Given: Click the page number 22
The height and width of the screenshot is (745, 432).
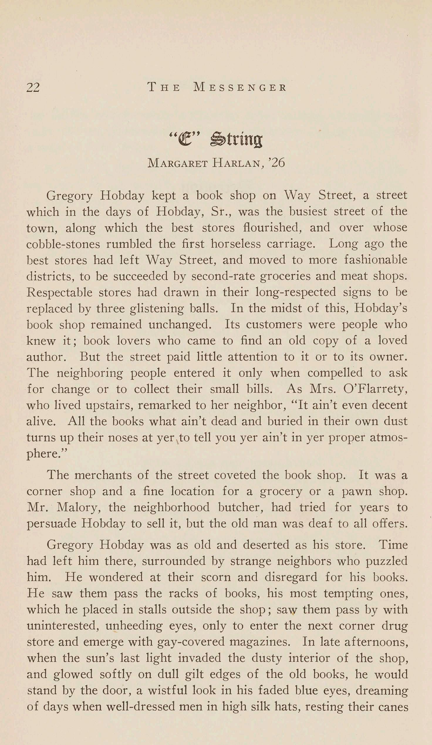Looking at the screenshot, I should click(33, 87).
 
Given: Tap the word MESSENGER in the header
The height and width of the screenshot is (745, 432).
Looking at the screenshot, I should click(240, 87).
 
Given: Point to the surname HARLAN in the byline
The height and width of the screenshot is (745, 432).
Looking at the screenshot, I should click(237, 163).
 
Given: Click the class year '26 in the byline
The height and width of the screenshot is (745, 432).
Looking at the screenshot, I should click(276, 163).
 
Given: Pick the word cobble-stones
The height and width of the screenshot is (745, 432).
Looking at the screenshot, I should click(63, 244).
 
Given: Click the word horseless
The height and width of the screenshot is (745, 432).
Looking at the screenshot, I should click(235, 244).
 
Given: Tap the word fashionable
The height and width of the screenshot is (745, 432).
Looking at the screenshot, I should click(376, 260).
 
